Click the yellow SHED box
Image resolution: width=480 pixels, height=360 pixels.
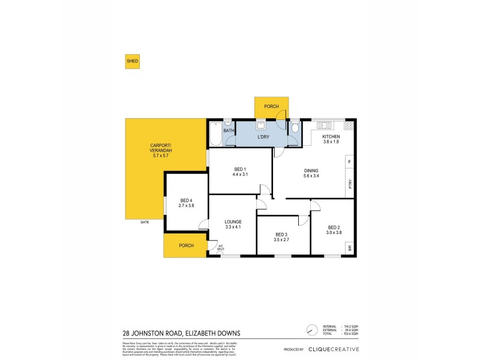coord(131,61)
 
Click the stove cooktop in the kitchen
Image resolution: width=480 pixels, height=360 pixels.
coord(349,125)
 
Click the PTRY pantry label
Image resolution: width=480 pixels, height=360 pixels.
coord(350,185)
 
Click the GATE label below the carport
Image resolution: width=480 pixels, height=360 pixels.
coord(145,222)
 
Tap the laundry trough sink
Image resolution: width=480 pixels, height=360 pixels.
coord(262,125)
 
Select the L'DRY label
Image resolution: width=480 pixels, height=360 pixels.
coord(263,137)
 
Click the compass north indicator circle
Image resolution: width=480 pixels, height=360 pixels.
coord(311,330)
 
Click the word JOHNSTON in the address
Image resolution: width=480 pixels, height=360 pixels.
coord(153,334)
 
